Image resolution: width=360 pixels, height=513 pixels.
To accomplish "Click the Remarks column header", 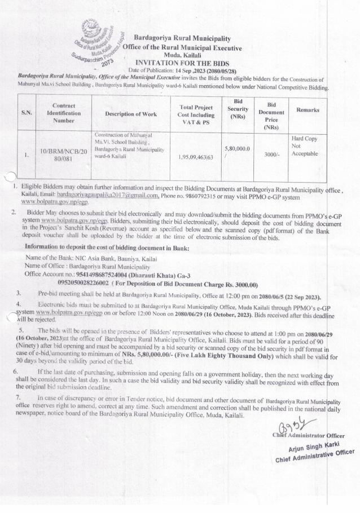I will point(304,110).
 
